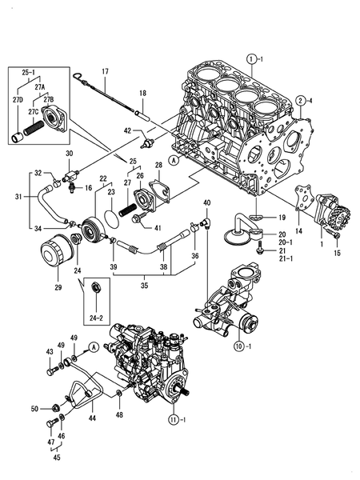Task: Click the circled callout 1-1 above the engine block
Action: click(x=254, y=58)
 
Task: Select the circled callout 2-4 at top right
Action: click(x=302, y=100)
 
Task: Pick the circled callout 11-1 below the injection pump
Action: click(x=175, y=419)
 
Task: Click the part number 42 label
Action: click(x=126, y=130)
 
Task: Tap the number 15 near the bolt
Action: click(x=337, y=253)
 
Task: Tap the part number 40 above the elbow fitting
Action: click(x=206, y=202)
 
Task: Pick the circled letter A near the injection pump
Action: click(x=94, y=346)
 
